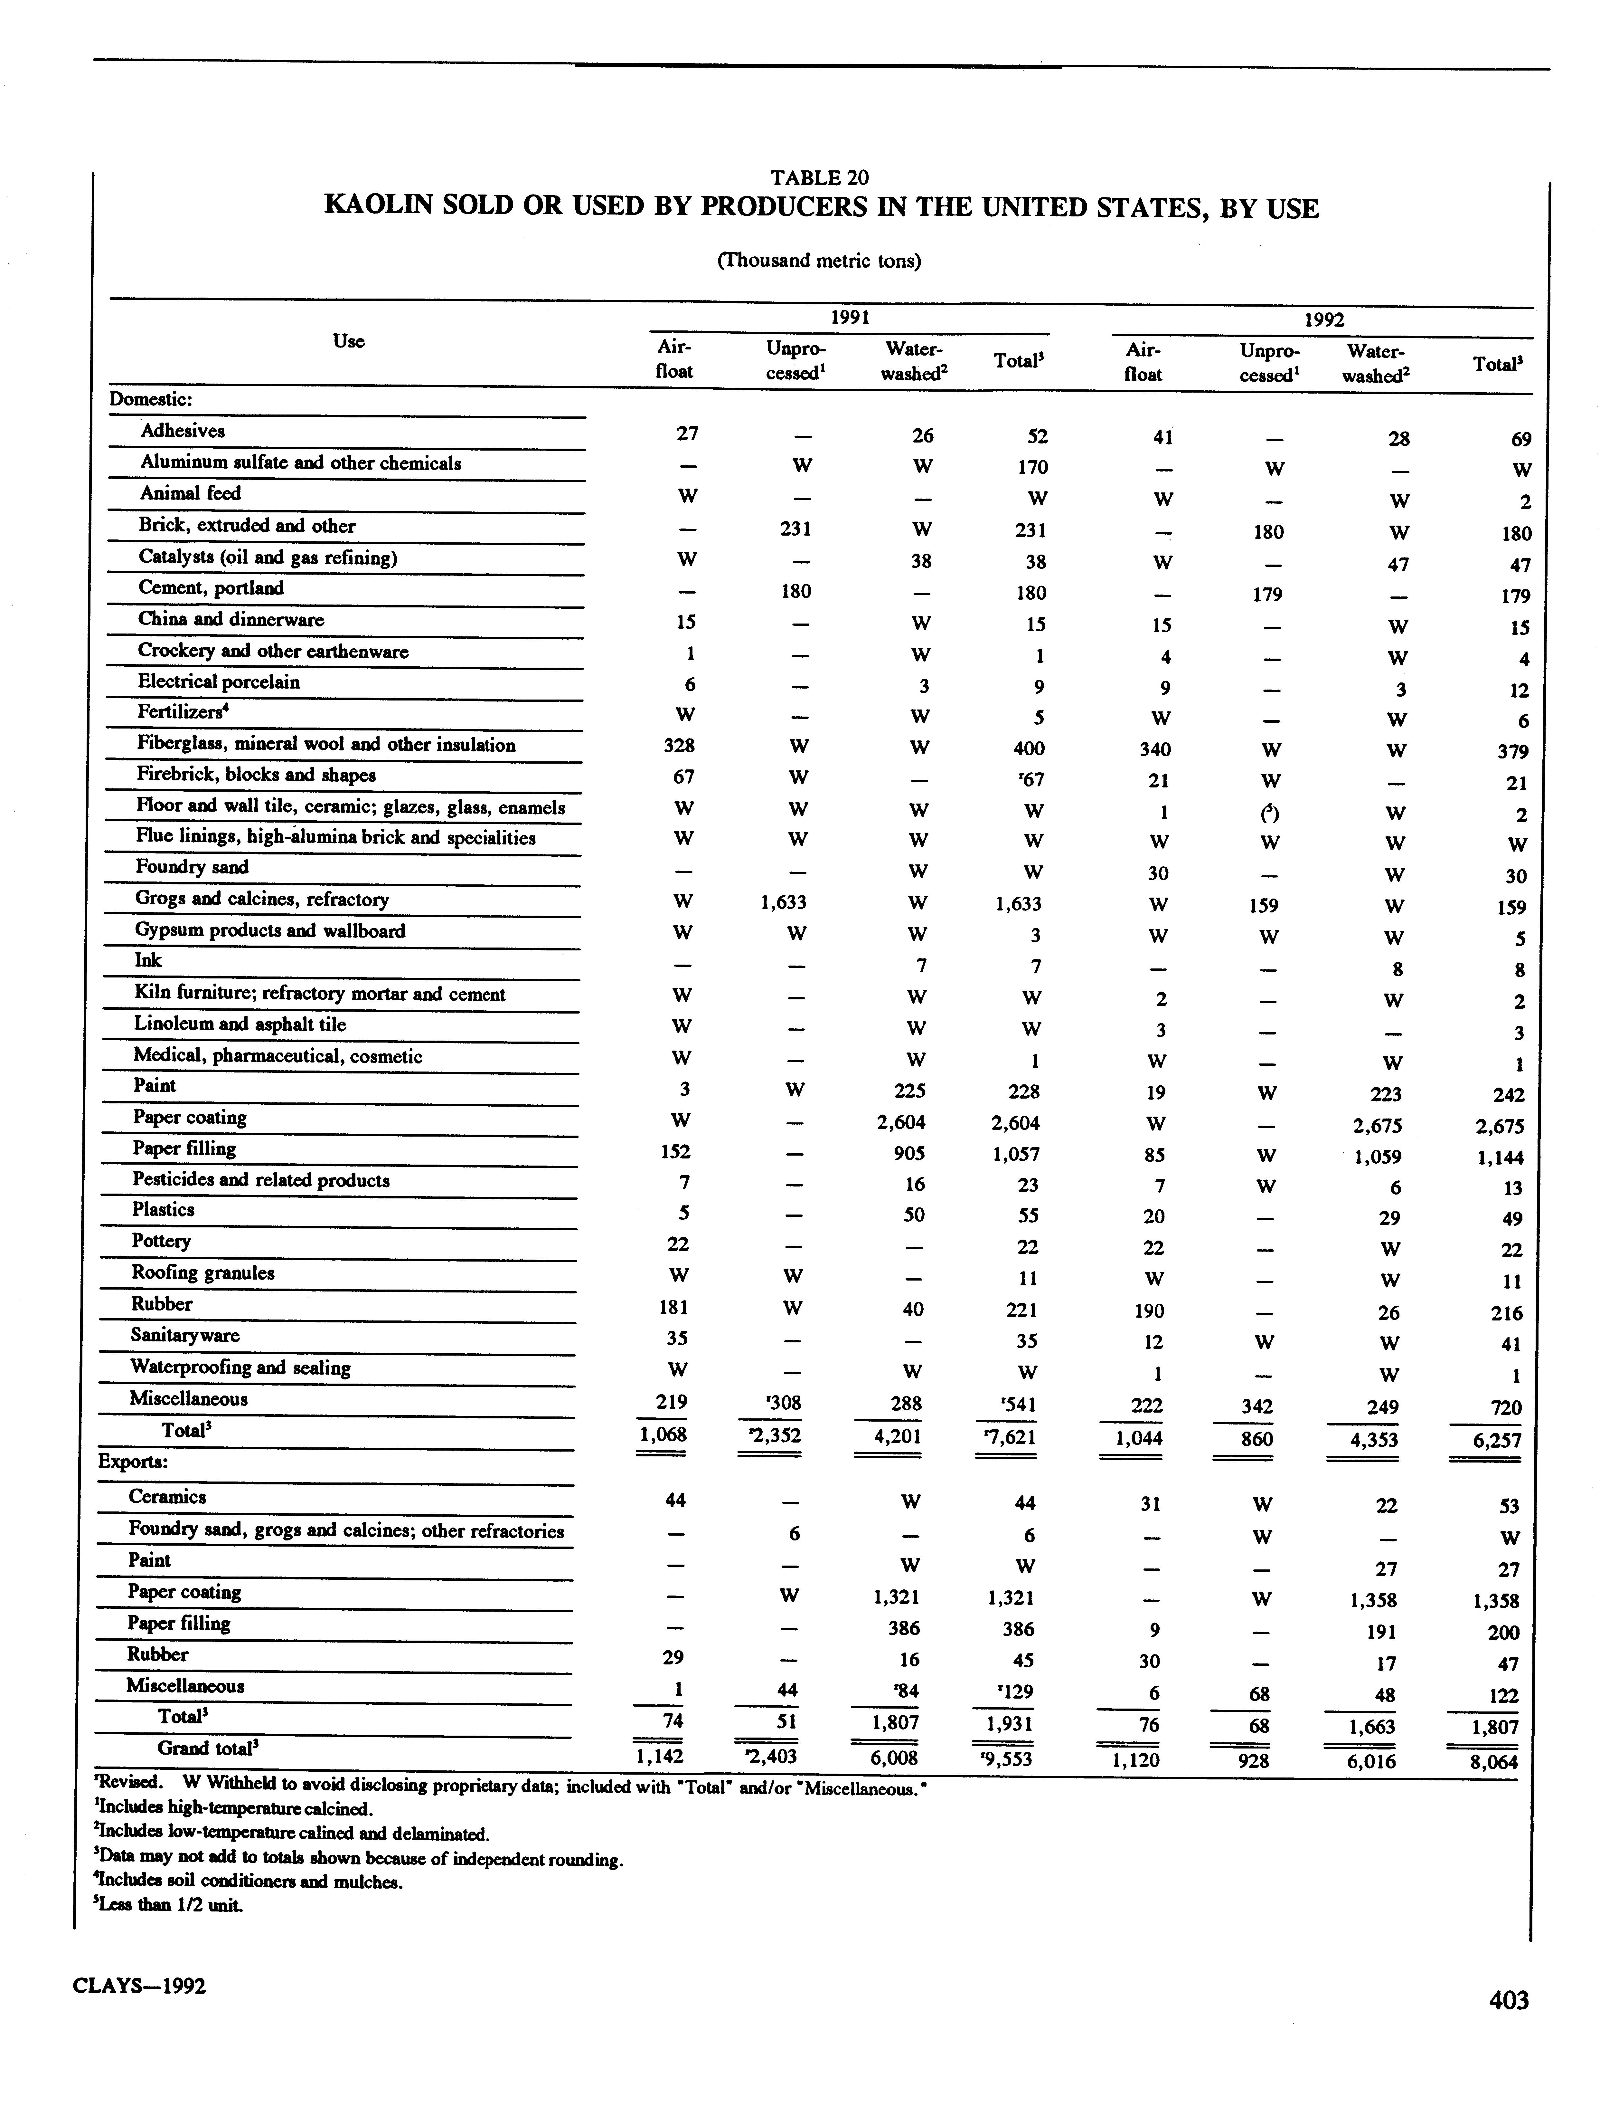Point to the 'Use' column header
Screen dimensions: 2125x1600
[349, 341]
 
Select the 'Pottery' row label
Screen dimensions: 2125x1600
[161, 1241]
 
